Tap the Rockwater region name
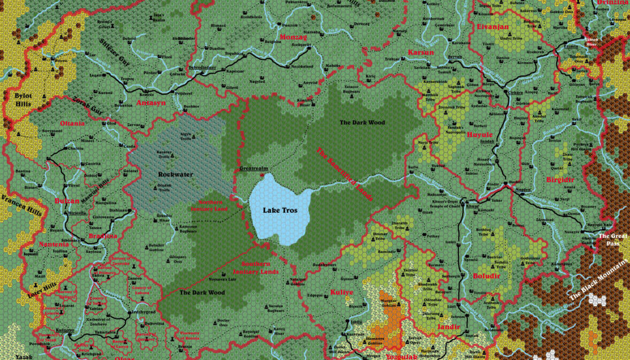[x=175, y=174]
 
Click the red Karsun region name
[x=421, y=52]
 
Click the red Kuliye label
[x=342, y=292]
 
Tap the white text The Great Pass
[x=612, y=239]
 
